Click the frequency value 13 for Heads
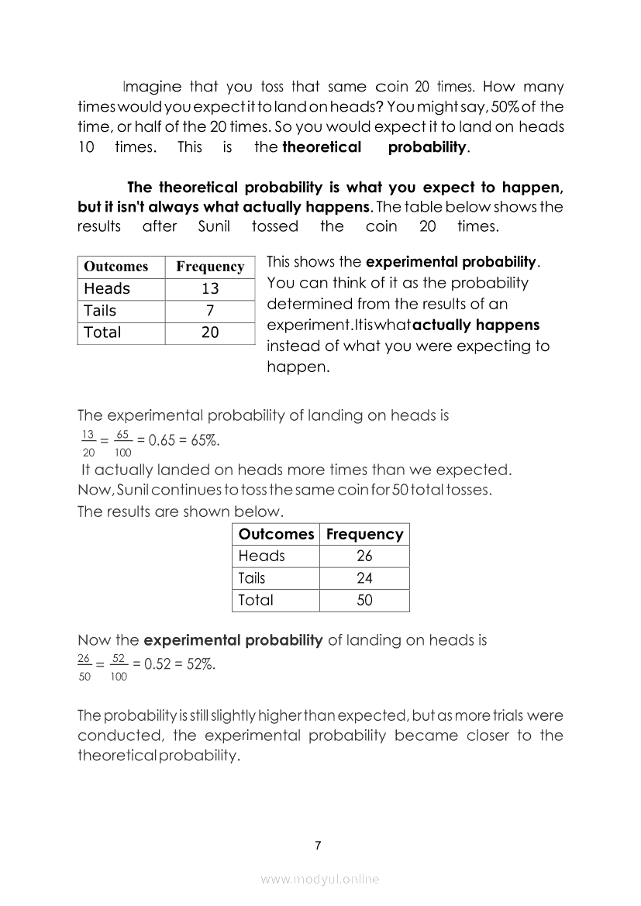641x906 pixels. coord(210,289)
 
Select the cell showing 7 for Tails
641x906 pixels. coord(210,311)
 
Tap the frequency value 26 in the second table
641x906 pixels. coord(364,556)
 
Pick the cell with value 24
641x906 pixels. coord(364,577)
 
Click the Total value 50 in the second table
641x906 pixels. coord(364,600)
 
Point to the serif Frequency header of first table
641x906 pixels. coord(210,267)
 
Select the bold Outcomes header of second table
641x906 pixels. coord(276,534)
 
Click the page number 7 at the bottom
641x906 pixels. coord(318,845)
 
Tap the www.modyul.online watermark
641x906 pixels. coord(320,879)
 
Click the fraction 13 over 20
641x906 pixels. coord(88,441)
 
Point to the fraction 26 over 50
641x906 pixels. coord(84,666)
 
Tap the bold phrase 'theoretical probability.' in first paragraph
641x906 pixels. coord(376,147)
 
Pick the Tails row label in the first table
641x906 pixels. coord(100,311)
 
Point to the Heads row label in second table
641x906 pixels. coord(262,556)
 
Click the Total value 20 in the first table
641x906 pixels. coord(210,332)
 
